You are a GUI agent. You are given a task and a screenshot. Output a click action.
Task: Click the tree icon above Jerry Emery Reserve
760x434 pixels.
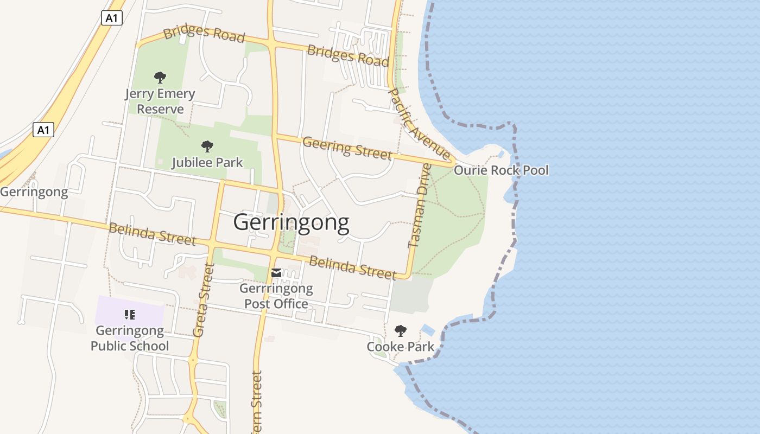pos(160,77)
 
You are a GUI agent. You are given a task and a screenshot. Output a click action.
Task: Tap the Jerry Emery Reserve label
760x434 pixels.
pos(160,101)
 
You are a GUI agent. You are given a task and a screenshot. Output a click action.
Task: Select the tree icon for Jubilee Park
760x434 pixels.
pos(207,146)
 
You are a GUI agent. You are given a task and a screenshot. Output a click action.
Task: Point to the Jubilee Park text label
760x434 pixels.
pos(207,162)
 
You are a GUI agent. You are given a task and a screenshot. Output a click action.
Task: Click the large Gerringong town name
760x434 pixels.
pos(291,222)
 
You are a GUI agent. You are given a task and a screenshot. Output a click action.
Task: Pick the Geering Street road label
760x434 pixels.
pos(347,148)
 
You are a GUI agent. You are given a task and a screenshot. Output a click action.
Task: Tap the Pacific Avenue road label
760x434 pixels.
pos(419,124)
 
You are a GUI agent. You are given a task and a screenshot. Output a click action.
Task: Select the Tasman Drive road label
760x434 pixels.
pos(420,206)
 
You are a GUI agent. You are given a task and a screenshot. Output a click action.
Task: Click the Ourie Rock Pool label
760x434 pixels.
pos(501,170)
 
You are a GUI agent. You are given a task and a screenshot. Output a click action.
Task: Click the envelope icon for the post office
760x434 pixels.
pos(276,273)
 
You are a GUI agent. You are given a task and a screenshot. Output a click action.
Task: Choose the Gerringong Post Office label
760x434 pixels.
pos(276,296)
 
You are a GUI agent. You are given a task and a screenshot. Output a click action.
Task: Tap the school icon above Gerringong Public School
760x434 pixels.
pos(129,314)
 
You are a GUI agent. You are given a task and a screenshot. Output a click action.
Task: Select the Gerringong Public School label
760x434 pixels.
pos(130,338)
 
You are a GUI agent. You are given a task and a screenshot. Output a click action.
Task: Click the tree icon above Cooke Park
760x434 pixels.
pos(401,330)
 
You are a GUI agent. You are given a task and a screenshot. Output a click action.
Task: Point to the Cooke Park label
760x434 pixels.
pos(401,347)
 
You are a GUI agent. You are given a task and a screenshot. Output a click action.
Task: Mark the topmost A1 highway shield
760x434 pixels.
pos(112,18)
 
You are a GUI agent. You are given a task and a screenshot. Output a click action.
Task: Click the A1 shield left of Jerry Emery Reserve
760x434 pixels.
pos(43,130)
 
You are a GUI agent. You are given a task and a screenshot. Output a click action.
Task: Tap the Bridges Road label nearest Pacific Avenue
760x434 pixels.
pos(348,56)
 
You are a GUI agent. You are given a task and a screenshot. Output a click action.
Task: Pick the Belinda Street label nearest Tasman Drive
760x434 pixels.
pos(352,268)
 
